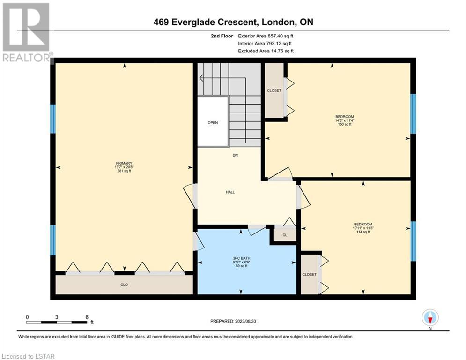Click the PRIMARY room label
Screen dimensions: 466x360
[x=124, y=163]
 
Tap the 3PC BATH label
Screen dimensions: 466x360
[x=242, y=258]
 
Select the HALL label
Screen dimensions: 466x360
[x=230, y=192]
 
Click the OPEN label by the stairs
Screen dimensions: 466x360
[x=213, y=123]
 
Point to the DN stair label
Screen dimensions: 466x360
[x=236, y=155]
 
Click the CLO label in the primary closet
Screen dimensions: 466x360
[x=124, y=285]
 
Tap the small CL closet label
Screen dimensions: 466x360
[x=285, y=235]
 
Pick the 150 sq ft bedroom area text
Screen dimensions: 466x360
[x=345, y=124]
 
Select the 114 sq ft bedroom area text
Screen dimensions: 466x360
[x=363, y=232]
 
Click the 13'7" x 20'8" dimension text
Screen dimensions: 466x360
[x=124, y=167]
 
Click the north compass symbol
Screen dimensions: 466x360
[x=430, y=318]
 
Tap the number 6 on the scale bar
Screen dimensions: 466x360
[x=87, y=317]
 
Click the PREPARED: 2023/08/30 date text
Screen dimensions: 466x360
[x=233, y=321]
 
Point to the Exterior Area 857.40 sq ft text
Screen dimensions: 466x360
[x=266, y=36]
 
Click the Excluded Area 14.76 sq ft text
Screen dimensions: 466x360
[x=266, y=51]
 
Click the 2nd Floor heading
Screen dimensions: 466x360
[x=222, y=36]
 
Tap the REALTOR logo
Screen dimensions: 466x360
[x=27, y=32]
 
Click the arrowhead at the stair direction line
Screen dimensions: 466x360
[x=201, y=78]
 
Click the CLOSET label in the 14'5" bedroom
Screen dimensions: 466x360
[x=274, y=90]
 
